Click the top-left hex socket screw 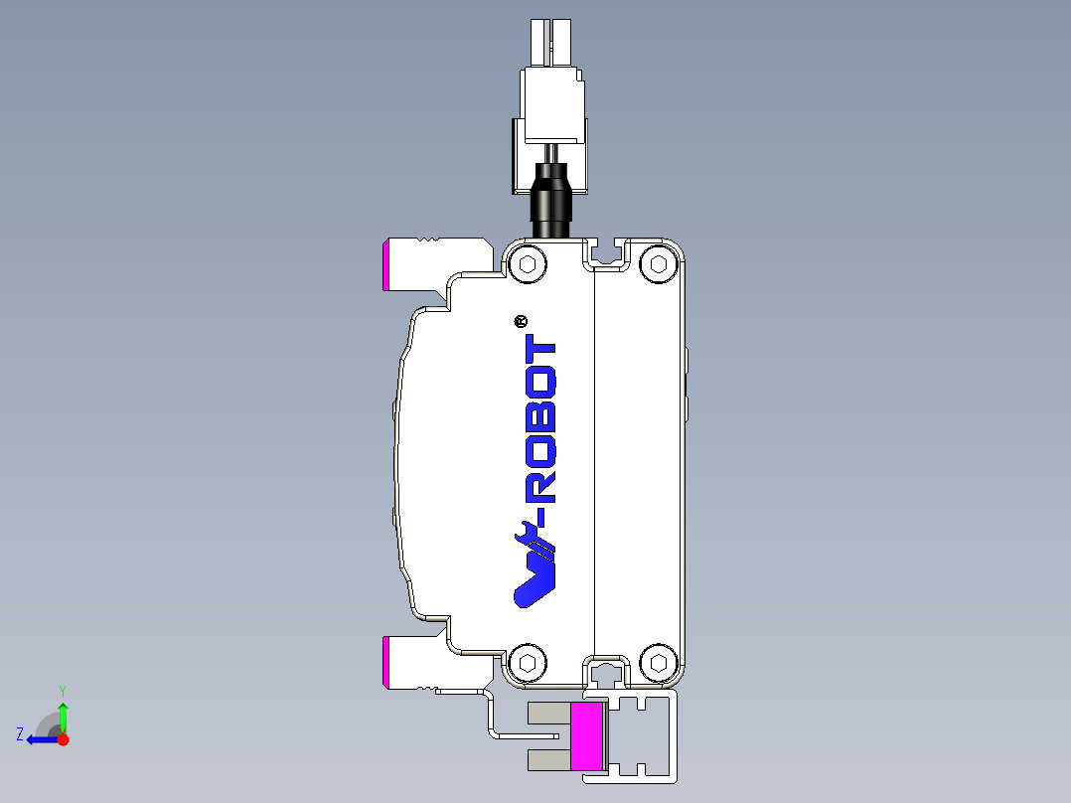click(527, 264)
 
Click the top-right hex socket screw click(657, 263)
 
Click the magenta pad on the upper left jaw click(385, 264)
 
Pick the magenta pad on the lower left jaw click(385, 663)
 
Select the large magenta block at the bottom click(587, 735)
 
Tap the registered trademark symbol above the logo click(519, 321)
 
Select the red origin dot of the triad click(64, 739)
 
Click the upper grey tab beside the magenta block click(547, 713)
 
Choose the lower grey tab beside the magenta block click(547, 761)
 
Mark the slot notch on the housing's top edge click(607, 253)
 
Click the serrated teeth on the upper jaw click(427, 241)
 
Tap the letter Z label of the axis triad click(20, 734)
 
